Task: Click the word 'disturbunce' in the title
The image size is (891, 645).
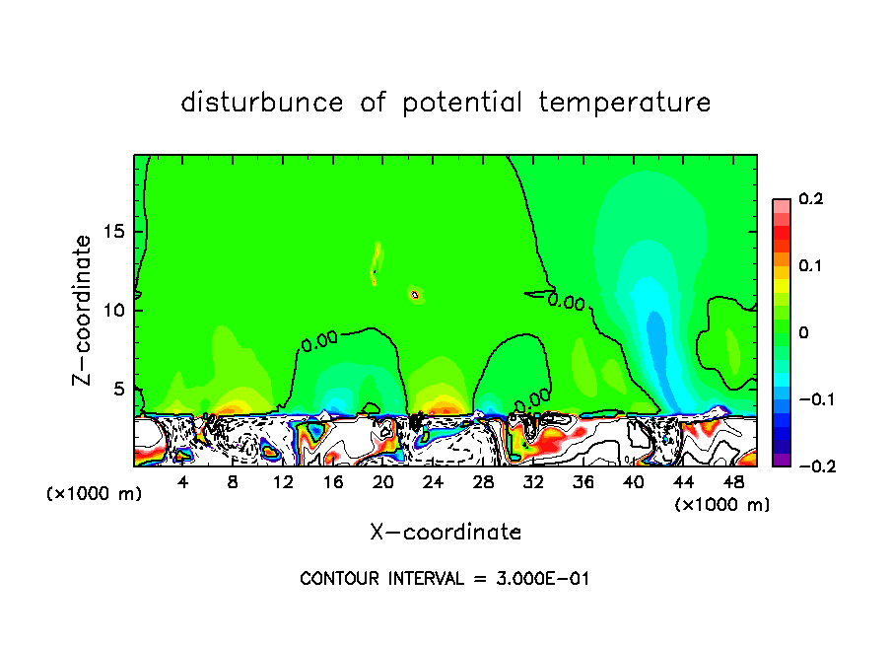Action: (x=262, y=102)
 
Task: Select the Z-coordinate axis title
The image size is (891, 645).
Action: (x=84, y=310)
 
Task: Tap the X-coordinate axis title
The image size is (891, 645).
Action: (x=445, y=532)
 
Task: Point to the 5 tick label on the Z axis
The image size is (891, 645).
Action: (x=118, y=389)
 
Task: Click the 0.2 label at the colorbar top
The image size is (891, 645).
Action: (x=810, y=199)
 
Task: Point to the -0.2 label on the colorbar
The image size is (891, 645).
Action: (x=810, y=466)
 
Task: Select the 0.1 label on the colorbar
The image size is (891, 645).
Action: (x=810, y=266)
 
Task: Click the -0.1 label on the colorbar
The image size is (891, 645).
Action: (x=810, y=399)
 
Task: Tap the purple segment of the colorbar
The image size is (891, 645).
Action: (x=782, y=460)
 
